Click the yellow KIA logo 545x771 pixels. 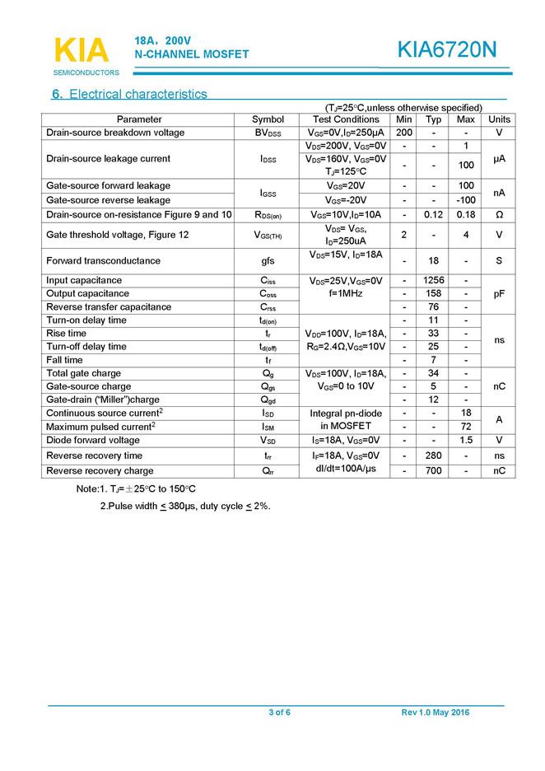(81, 50)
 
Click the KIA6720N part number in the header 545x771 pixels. (447, 50)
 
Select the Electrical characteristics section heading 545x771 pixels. (129, 94)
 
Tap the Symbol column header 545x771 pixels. (268, 119)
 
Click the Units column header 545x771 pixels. (499, 119)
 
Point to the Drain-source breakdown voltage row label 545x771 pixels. (115, 133)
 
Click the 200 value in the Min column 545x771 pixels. (403, 133)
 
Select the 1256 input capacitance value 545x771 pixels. (434, 280)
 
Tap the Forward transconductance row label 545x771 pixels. (103, 260)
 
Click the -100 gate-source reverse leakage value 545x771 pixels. (466, 200)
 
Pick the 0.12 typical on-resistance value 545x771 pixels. (434, 215)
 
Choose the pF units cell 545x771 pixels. (499, 293)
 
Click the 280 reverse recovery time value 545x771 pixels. (434, 456)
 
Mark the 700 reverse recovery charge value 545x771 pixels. (434, 471)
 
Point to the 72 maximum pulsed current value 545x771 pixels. (466, 427)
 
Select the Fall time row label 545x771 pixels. (65, 360)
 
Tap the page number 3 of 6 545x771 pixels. (279, 713)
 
